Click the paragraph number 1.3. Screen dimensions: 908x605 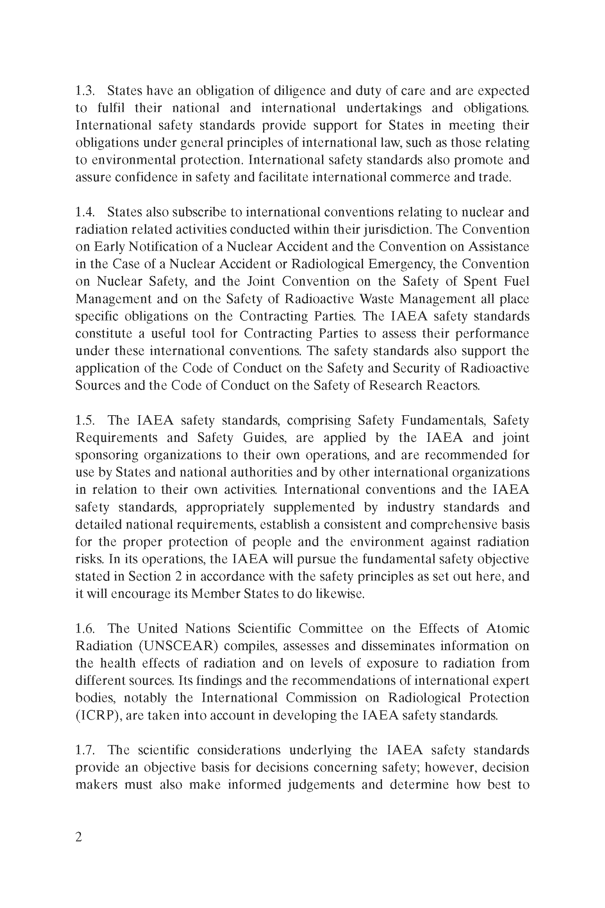point(85,91)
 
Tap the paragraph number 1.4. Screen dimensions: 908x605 point(85,212)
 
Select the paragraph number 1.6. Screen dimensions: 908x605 point(85,628)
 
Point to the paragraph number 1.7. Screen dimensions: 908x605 point(85,750)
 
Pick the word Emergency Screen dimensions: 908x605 point(401,264)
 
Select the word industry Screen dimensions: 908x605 point(410,507)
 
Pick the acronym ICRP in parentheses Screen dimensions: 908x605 point(99,715)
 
